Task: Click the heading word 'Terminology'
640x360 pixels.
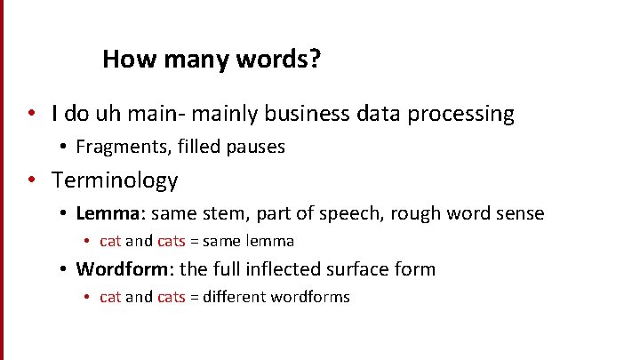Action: coord(115,180)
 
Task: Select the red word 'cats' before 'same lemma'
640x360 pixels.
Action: coord(172,241)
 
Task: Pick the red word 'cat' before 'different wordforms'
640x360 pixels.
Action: coord(110,297)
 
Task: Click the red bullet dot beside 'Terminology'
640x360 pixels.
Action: coord(31,180)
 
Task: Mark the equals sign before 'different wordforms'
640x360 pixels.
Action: coord(195,297)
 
